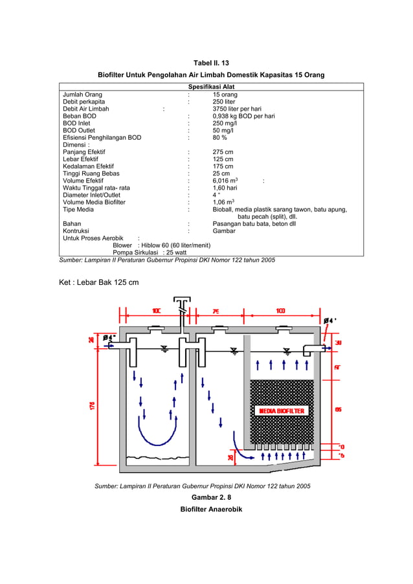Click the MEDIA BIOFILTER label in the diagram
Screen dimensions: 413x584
coord(282,410)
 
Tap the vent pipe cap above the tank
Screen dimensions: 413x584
coord(182,301)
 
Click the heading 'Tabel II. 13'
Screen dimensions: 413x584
coord(211,63)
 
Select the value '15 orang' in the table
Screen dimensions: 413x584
coord(225,95)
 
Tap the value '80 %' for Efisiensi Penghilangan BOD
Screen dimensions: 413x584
coord(219,137)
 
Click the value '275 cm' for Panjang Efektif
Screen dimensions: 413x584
coord(223,152)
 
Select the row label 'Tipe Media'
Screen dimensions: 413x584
coord(78,209)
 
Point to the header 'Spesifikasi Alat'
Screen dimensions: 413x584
coord(211,87)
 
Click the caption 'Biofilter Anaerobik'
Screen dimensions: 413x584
coord(211,510)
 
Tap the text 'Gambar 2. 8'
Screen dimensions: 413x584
coord(211,497)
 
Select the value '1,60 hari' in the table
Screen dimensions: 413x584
coord(226,188)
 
